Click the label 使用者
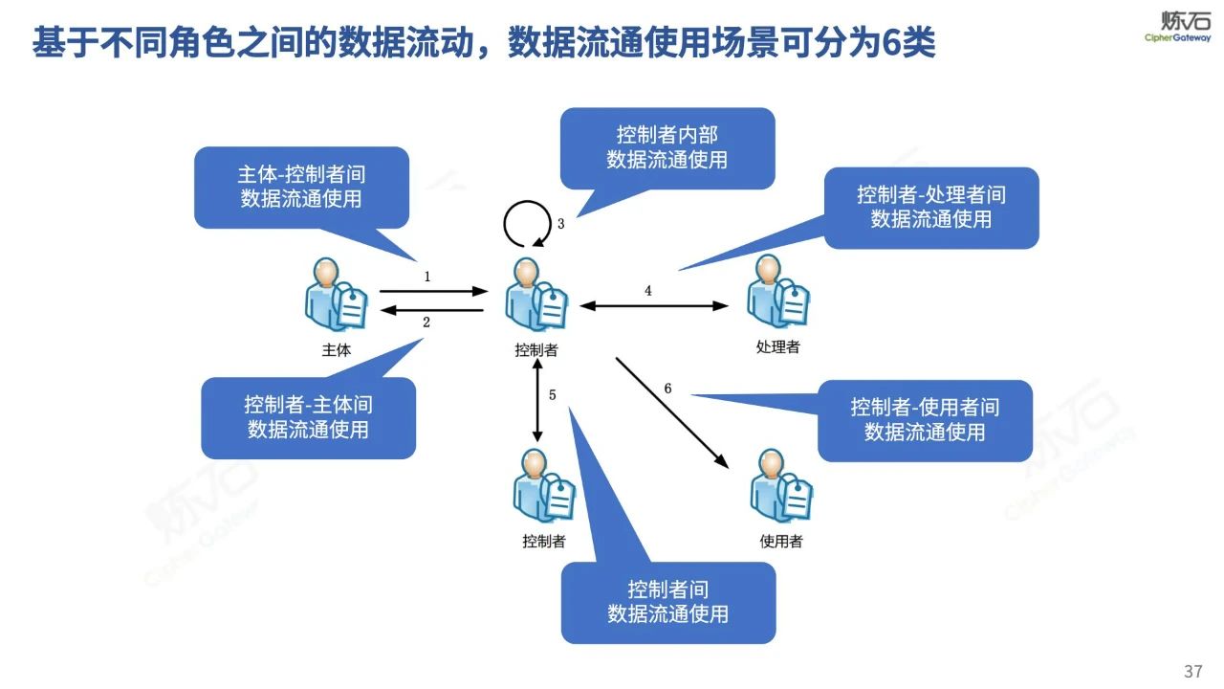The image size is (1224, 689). click(781, 542)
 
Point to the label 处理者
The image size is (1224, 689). click(777, 346)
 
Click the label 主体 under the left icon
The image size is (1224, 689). click(337, 350)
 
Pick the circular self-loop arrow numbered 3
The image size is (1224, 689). click(527, 224)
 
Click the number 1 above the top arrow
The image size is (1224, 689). click(427, 276)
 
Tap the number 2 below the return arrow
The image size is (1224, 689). click(426, 322)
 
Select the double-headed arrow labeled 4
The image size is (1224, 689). click(655, 306)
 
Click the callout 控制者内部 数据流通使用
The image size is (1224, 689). click(667, 147)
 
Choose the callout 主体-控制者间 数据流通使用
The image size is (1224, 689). click(301, 187)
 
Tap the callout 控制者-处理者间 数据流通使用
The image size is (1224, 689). click(930, 207)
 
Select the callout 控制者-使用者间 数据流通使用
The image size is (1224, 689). click(925, 419)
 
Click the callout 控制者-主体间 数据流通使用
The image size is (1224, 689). click(308, 416)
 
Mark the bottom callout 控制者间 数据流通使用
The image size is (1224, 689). click(667, 601)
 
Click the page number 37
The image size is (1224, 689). click(1192, 671)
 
